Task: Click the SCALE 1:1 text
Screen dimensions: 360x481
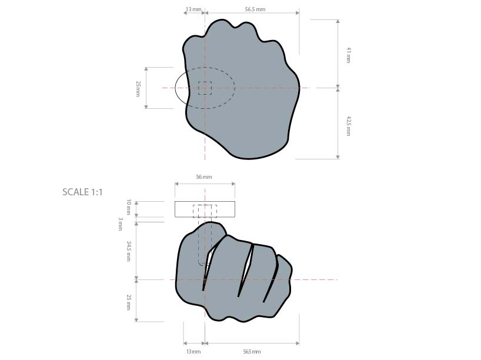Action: pyautogui.click(x=82, y=192)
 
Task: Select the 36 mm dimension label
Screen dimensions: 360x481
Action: pyautogui.click(x=203, y=176)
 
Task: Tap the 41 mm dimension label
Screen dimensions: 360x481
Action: pyautogui.click(x=348, y=55)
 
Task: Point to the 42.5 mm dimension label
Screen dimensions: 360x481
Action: pyautogui.click(x=348, y=126)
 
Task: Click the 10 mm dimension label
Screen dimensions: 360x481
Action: pyautogui.click(x=129, y=206)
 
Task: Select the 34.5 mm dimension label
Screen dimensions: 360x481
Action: pyautogui.click(x=129, y=249)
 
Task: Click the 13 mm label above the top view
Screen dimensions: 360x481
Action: pyautogui.click(x=193, y=9)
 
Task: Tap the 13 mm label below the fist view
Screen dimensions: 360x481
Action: pyautogui.click(x=193, y=352)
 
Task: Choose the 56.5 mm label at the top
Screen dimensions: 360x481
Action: pyautogui.click(x=255, y=9)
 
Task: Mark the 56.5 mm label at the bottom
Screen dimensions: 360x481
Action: pyautogui.click(x=252, y=352)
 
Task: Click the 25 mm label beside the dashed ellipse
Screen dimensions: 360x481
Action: pyautogui.click(x=138, y=88)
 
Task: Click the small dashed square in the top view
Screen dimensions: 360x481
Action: pyautogui.click(x=205, y=88)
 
